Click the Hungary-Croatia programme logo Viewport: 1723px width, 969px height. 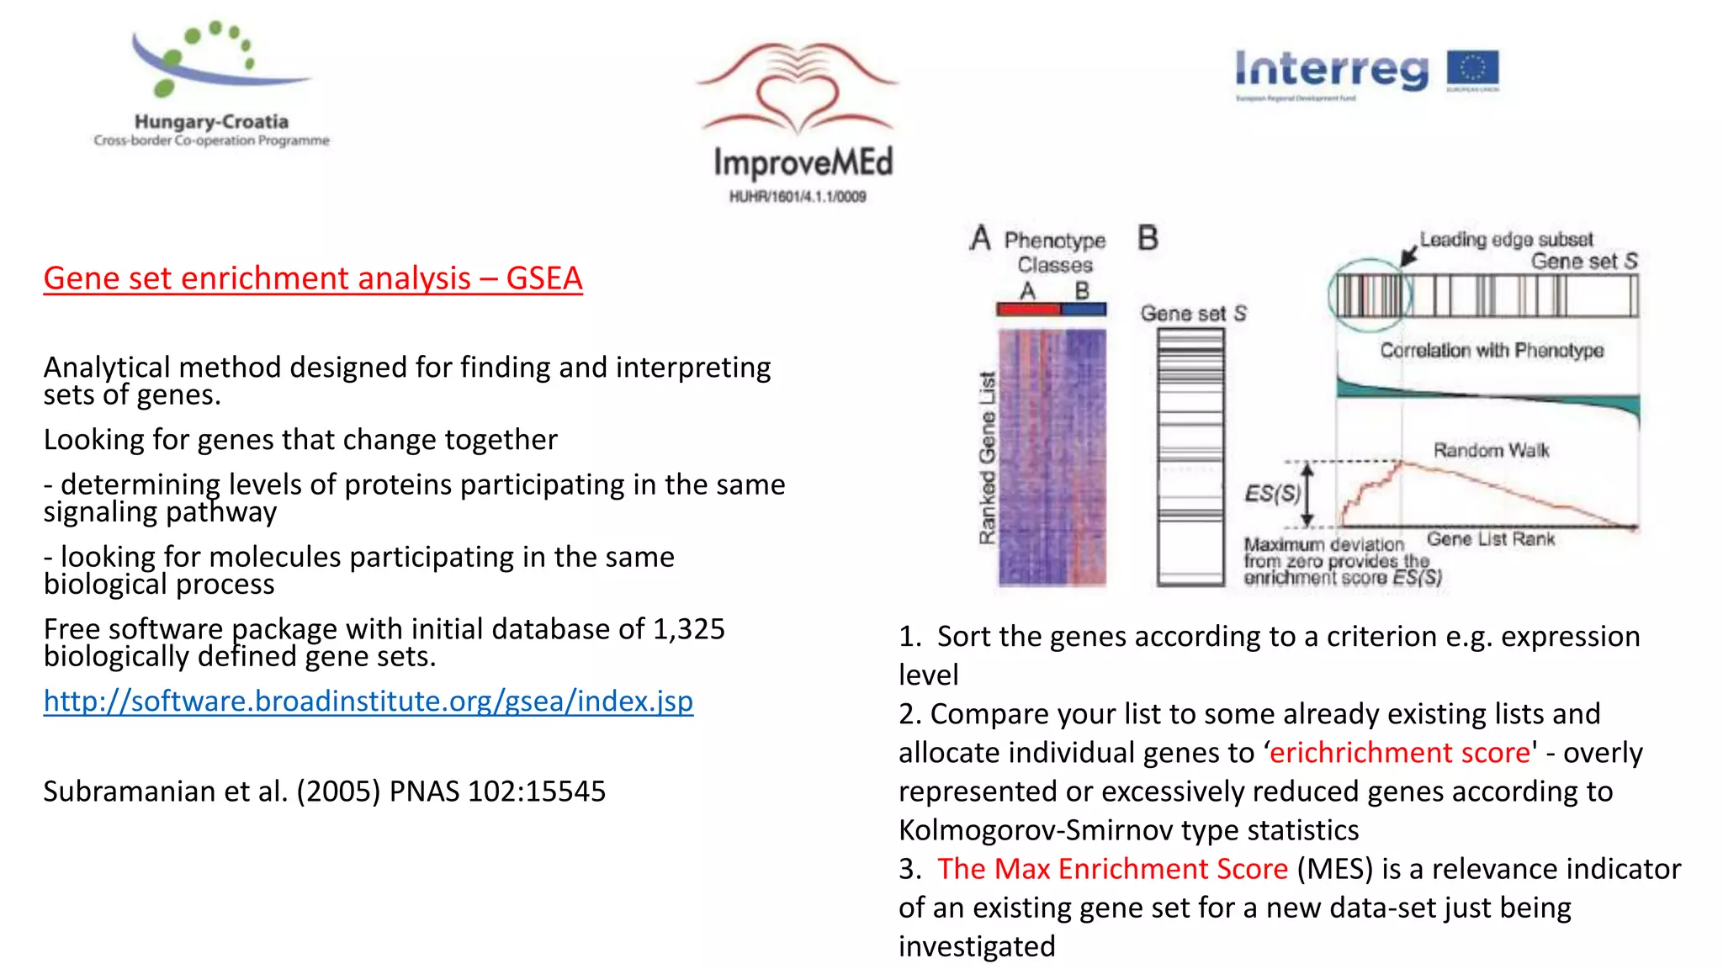click(x=210, y=84)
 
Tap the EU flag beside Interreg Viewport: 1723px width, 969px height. click(x=1472, y=71)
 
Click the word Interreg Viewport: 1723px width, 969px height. click(x=1331, y=70)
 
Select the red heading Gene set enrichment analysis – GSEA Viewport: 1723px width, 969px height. click(x=312, y=278)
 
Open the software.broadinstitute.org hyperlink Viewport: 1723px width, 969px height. click(x=368, y=701)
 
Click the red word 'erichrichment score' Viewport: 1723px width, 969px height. click(x=1399, y=752)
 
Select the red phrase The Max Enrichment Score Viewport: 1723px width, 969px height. click(x=1112, y=868)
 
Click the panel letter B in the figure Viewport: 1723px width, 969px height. click(x=1148, y=238)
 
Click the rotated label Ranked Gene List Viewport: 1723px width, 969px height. click(x=987, y=458)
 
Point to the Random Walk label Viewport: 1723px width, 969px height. click(x=1491, y=450)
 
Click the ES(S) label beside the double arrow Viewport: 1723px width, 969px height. click(x=1272, y=493)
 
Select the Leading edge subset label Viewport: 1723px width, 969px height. click(x=1506, y=240)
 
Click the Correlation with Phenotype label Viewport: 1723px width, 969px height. click(x=1491, y=350)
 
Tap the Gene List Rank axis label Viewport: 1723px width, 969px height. click(x=1490, y=538)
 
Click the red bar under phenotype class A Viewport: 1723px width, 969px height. click(x=1028, y=310)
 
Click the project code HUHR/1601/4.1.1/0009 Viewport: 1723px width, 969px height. click(x=797, y=197)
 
